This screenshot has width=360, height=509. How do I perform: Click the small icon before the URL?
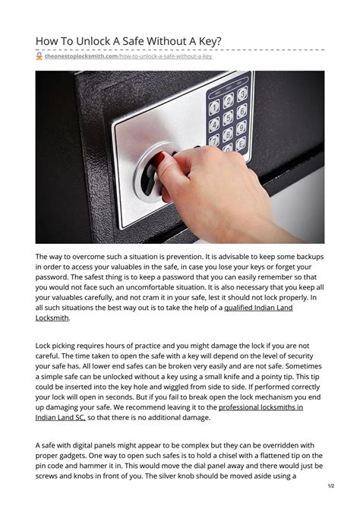pyautogui.click(x=39, y=56)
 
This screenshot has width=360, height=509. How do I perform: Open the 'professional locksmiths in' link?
pyautogui.click(x=261, y=407)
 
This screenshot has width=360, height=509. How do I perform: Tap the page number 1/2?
pyautogui.click(x=331, y=485)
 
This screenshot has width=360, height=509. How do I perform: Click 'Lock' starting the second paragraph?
pyautogui.click(x=45, y=346)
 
